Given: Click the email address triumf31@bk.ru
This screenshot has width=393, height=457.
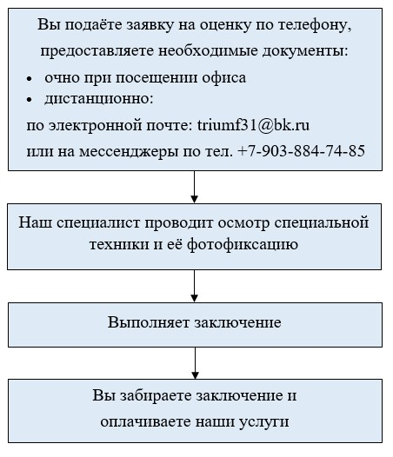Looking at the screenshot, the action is click(253, 125).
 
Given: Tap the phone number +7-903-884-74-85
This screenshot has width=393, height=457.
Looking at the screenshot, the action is click(302, 151).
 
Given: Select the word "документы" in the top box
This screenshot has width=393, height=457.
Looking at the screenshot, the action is click(305, 51).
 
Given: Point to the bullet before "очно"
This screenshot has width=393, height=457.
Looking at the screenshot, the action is click(29, 79).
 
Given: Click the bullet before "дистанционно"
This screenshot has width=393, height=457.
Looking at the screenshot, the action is click(29, 100).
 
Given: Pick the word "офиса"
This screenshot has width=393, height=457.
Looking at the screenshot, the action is click(224, 78).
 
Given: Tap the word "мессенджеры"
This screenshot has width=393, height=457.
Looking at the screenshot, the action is click(129, 152).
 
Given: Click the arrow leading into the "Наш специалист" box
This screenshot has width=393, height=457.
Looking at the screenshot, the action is click(194, 187).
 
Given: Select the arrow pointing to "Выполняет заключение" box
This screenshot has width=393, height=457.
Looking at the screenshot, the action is click(194, 286).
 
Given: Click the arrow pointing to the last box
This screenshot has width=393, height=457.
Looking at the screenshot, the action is click(195, 363).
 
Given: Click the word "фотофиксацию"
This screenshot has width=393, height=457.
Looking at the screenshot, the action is click(243, 244).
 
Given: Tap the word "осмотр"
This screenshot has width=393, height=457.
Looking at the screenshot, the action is click(243, 223).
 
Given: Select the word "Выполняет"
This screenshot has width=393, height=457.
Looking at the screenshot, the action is click(149, 322).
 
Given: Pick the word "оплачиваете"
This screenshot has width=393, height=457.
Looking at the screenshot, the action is click(145, 422).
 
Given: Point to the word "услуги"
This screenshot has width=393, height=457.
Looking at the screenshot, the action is click(264, 422).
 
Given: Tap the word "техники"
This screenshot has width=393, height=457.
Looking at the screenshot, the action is click(119, 244).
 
